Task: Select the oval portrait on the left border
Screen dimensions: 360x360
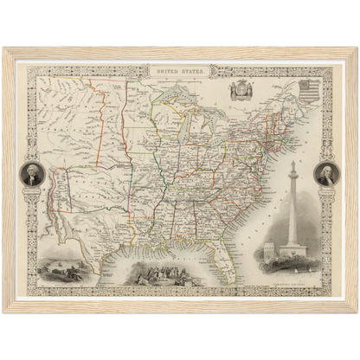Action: click(31, 176)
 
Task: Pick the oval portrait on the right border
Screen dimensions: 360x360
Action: click(326, 176)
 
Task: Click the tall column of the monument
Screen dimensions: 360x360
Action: click(292, 208)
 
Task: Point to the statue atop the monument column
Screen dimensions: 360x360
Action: click(292, 164)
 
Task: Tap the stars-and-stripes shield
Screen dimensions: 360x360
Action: click(306, 90)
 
